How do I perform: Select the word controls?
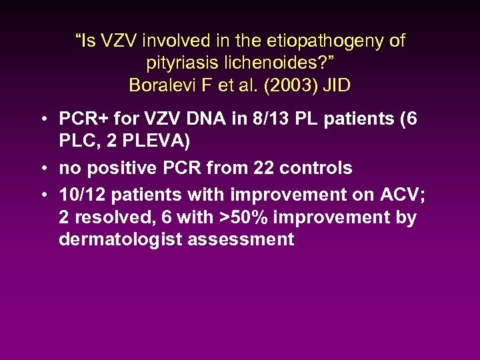[317, 168]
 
